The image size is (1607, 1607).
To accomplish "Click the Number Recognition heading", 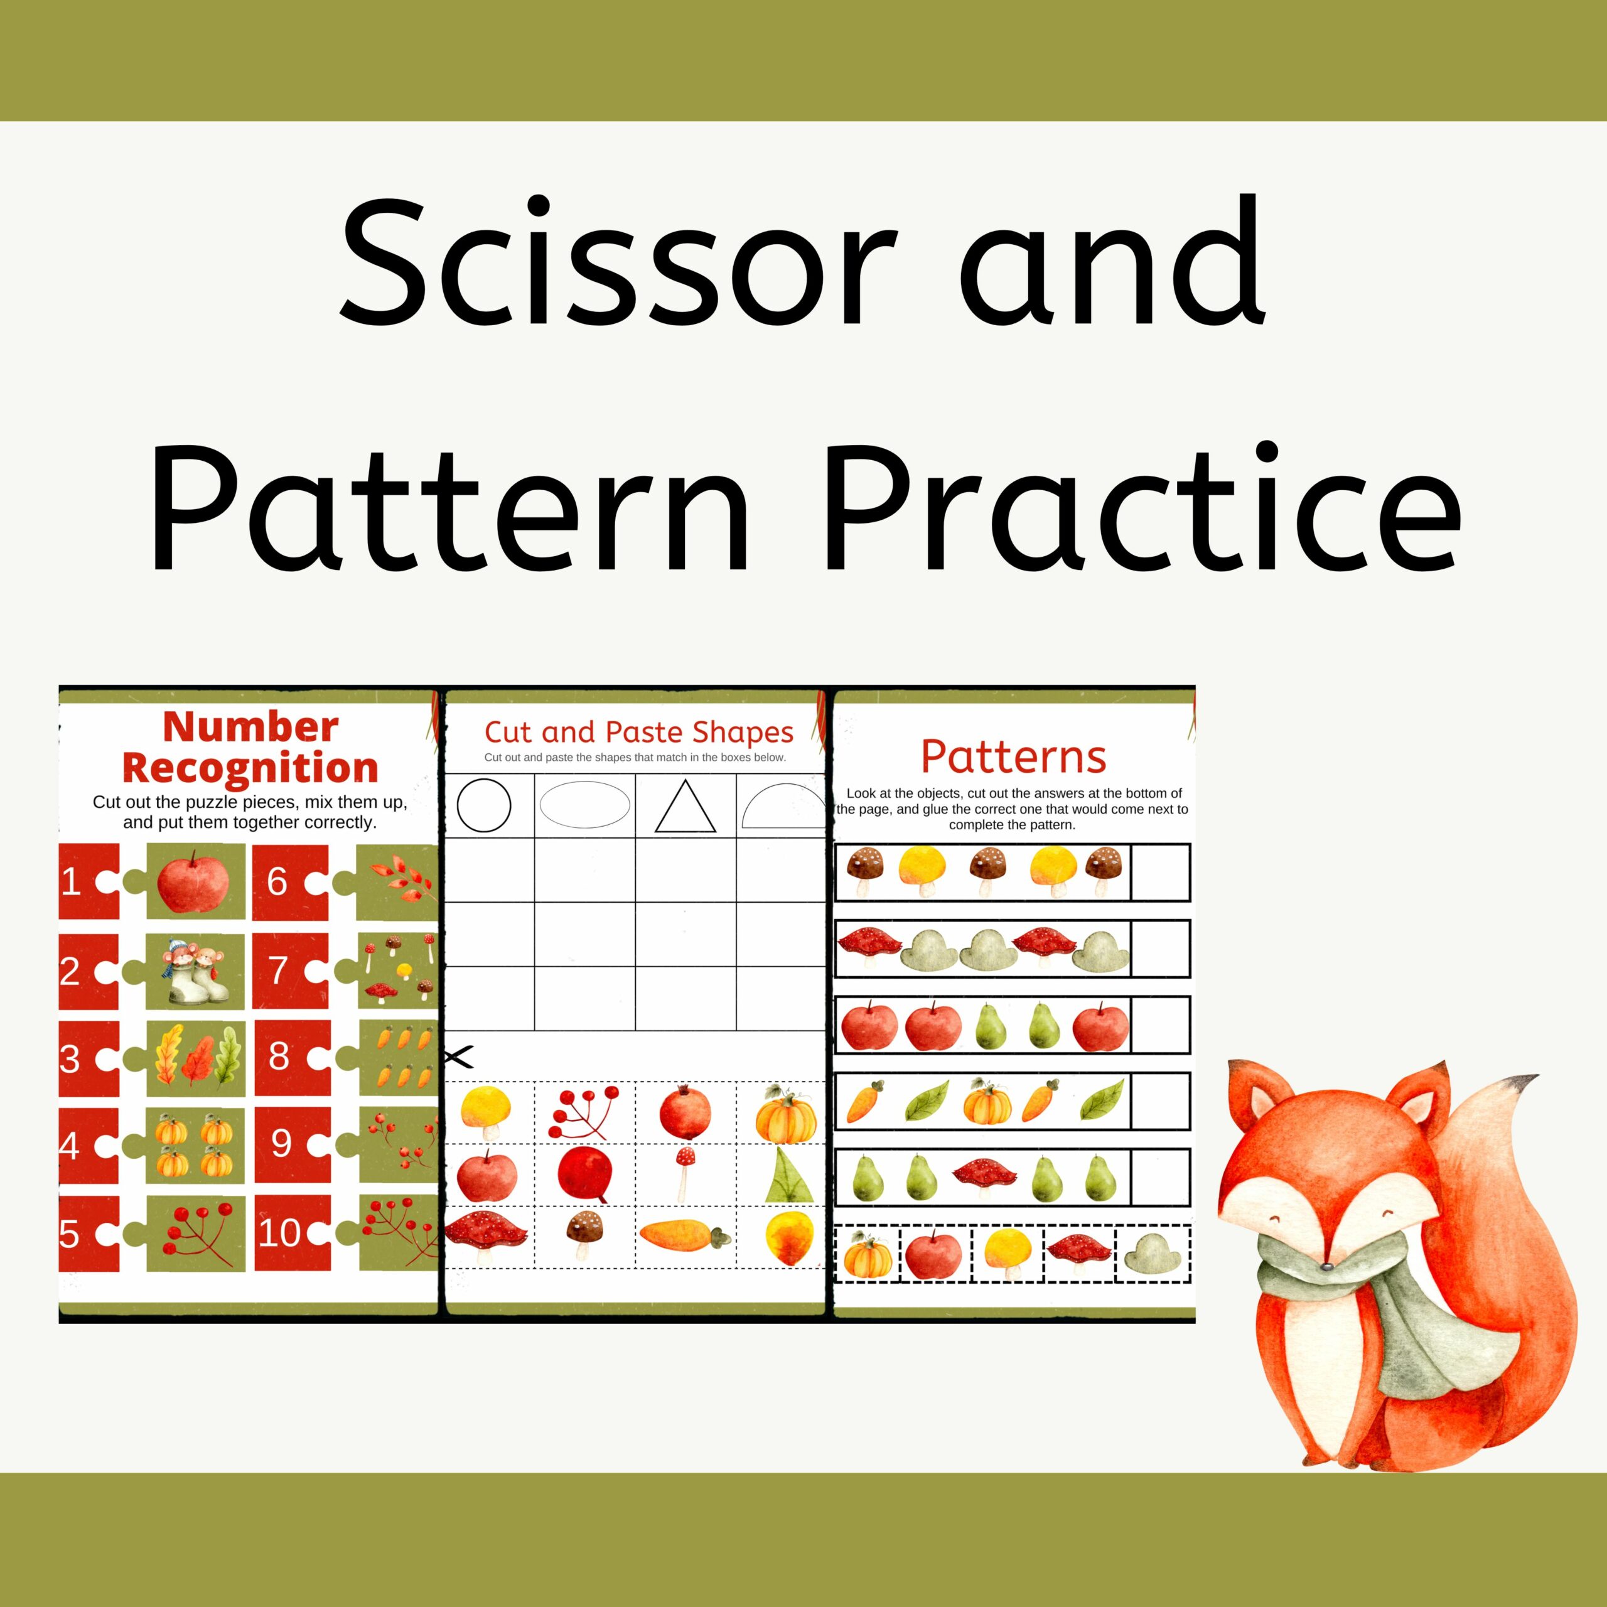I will [250, 747].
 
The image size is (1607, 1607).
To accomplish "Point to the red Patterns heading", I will [1013, 757].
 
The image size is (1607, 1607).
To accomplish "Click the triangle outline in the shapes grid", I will [685, 806].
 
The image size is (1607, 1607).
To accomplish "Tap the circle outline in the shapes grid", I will [484, 805].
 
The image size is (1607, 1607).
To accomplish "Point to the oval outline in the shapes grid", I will [585, 804].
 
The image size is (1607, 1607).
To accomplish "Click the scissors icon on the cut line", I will [458, 1057].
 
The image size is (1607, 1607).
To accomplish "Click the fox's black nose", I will [1326, 1266].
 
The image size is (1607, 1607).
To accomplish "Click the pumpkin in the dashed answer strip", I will [868, 1254].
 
